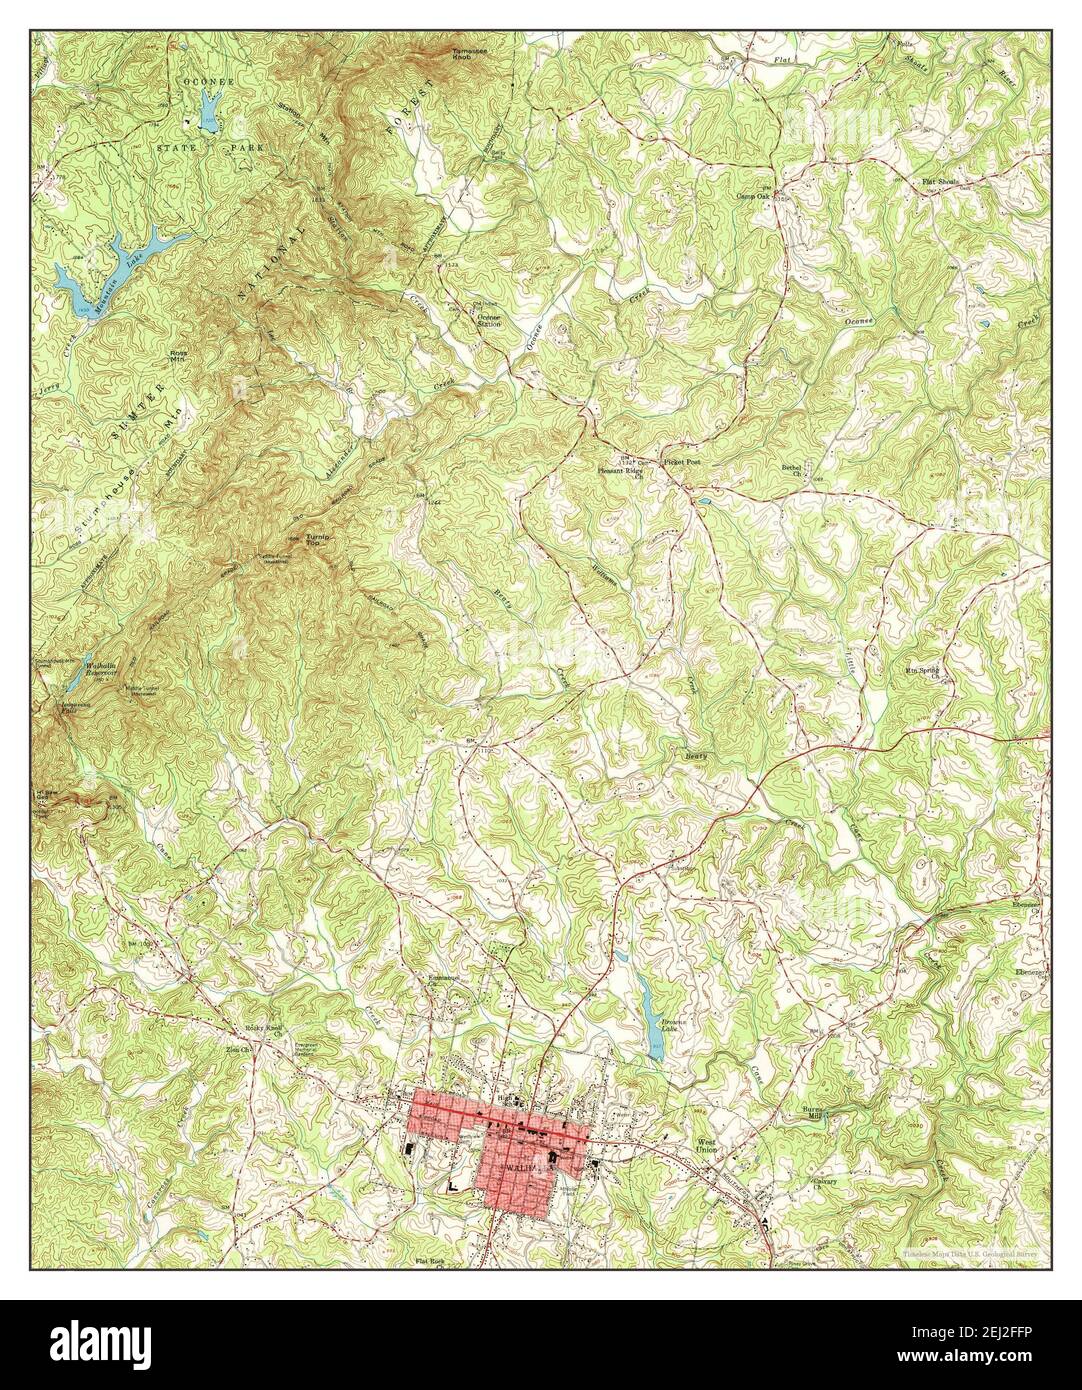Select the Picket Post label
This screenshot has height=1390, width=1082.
pos(681,463)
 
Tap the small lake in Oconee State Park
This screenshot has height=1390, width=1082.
pos(209,110)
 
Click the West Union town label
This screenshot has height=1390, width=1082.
pos(708,1145)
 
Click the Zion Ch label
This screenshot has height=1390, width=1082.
pos(237,1051)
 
